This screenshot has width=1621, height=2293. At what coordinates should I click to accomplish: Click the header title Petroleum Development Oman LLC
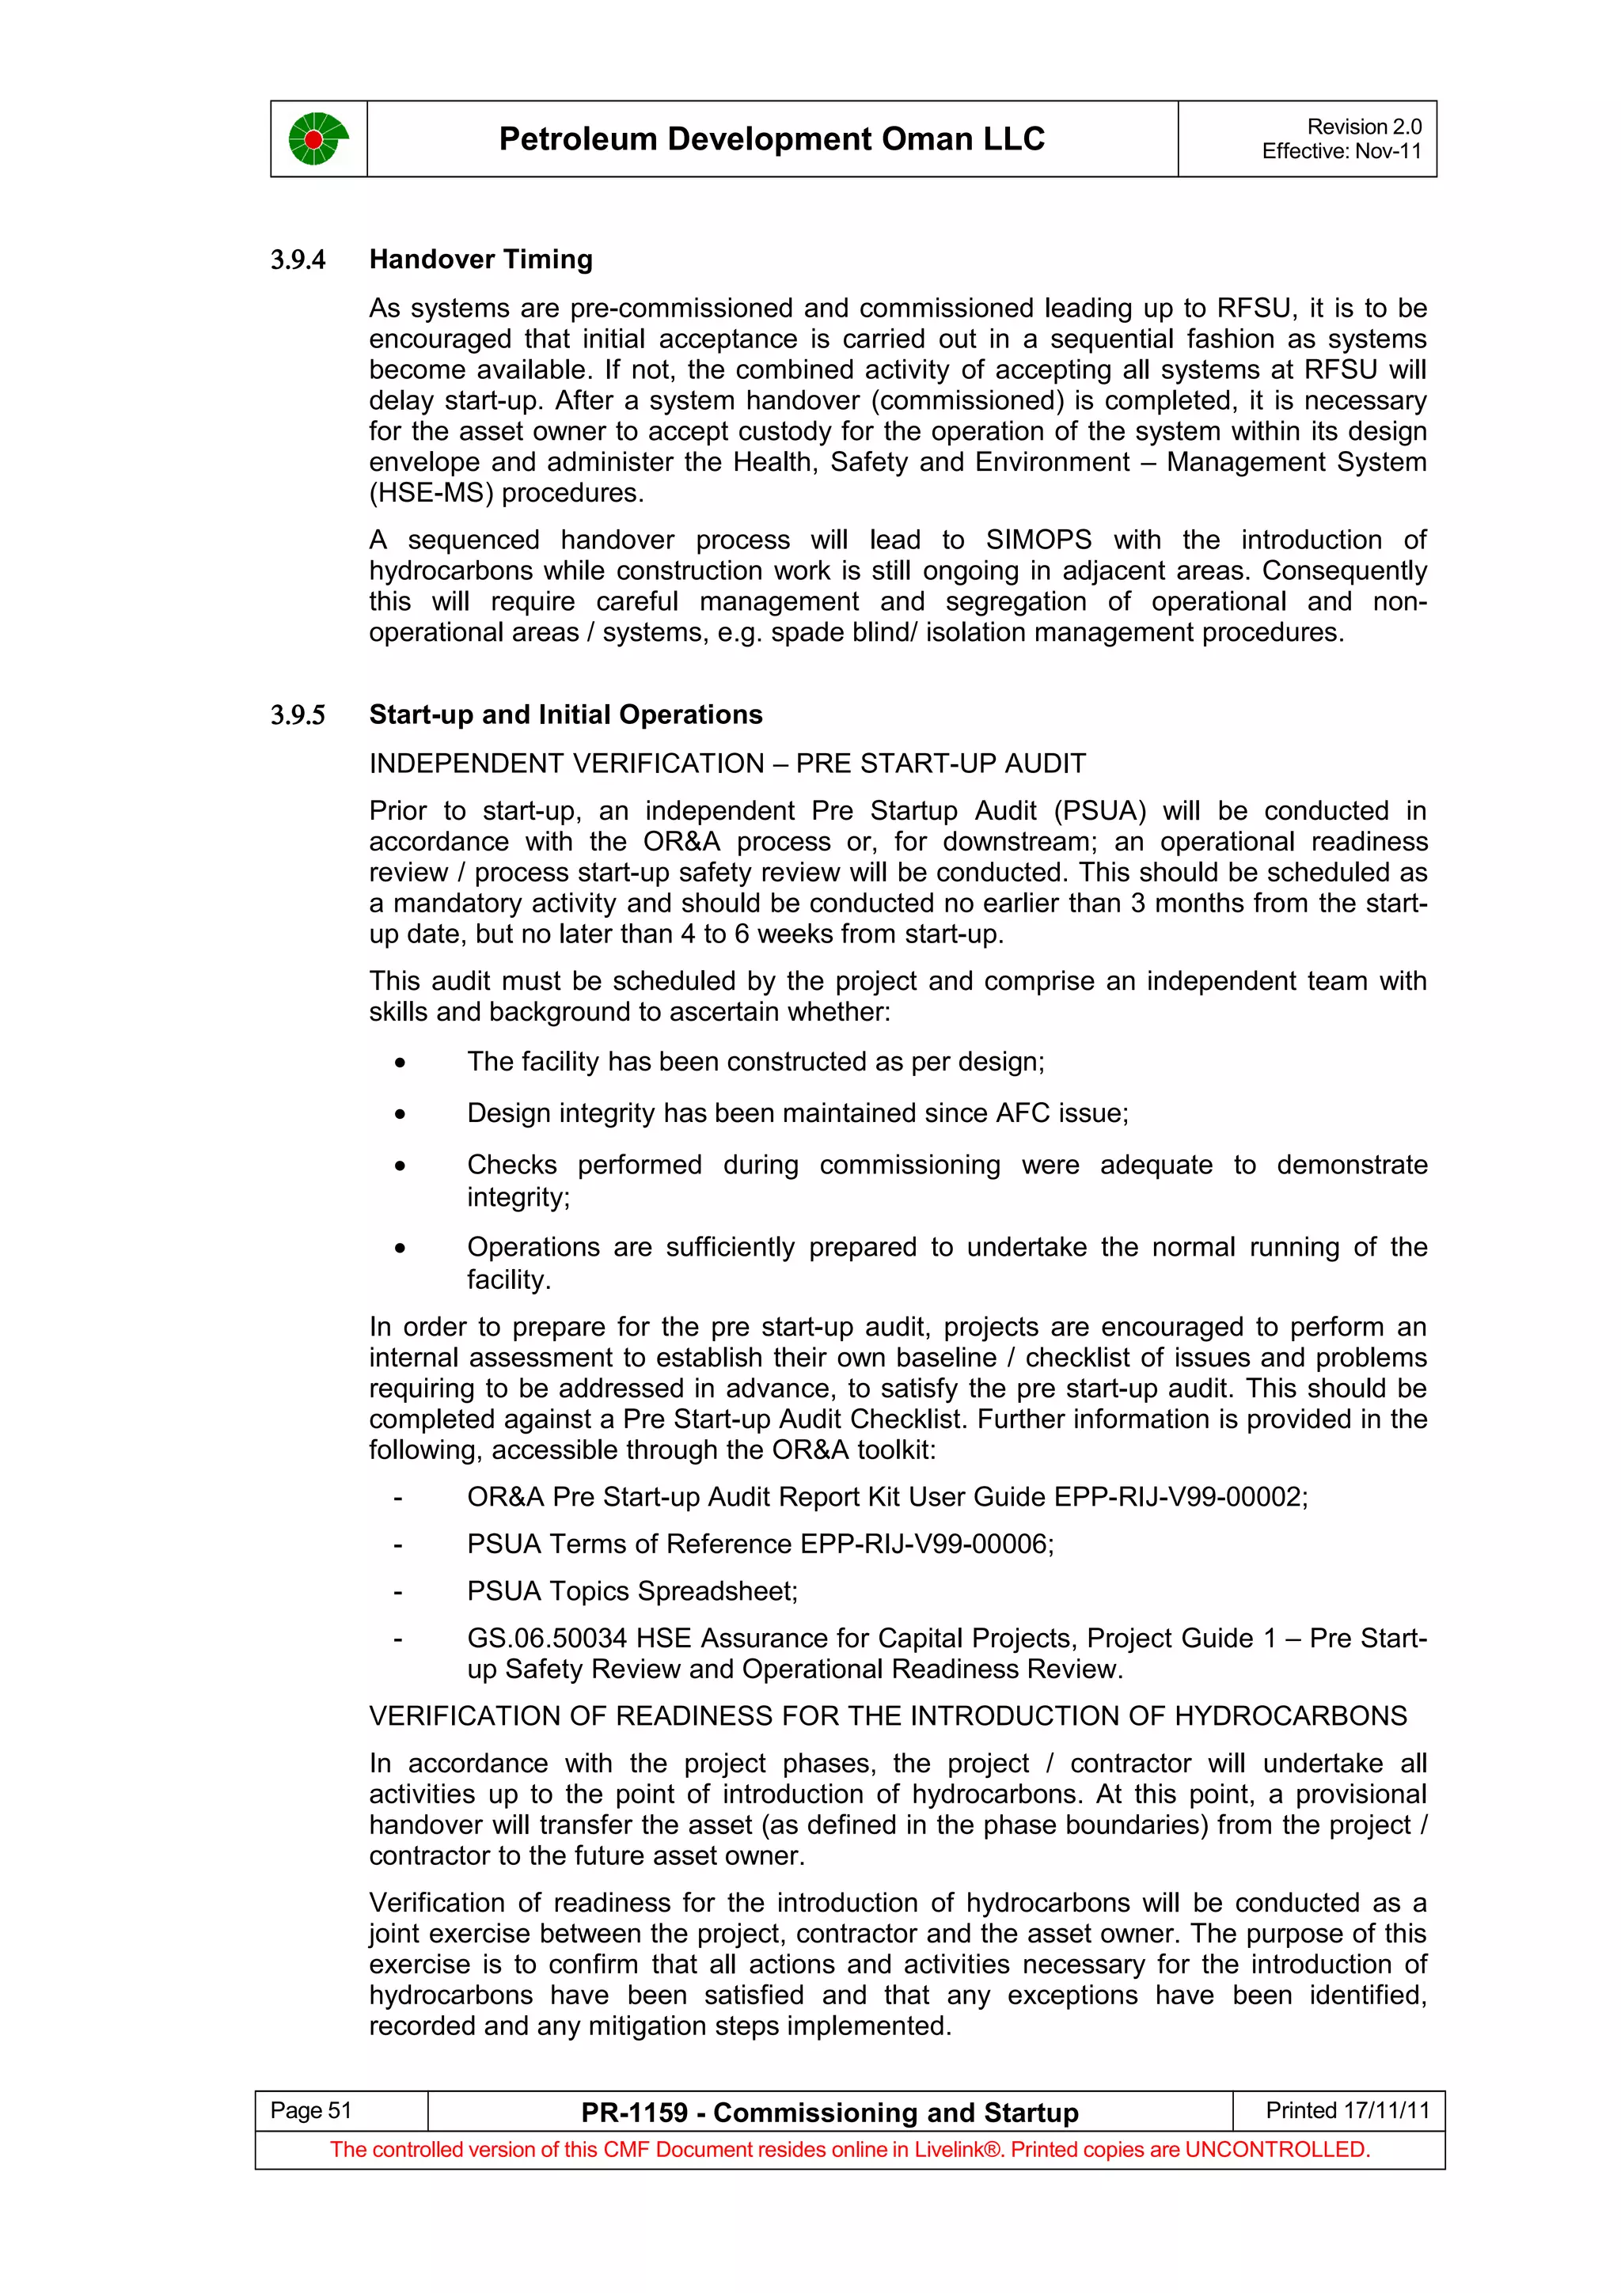pyautogui.click(x=771, y=138)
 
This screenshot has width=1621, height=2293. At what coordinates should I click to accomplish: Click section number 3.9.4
pyautogui.click(x=298, y=260)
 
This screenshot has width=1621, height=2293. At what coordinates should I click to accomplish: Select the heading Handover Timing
pyautogui.click(x=480, y=260)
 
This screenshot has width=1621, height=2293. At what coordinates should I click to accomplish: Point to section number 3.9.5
pyautogui.click(x=298, y=716)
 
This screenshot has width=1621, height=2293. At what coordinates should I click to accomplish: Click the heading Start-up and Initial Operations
pyautogui.click(x=565, y=715)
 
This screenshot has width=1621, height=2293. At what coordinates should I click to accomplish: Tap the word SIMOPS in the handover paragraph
pyautogui.click(x=1038, y=540)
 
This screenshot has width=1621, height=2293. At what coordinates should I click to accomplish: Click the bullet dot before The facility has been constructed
pyautogui.click(x=400, y=1063)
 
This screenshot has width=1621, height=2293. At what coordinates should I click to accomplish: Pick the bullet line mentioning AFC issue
pyautogui.click(x=797, y=1113)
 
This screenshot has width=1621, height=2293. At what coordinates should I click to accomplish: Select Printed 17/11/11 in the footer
pyautogui.click(x=1346, y=2110)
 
